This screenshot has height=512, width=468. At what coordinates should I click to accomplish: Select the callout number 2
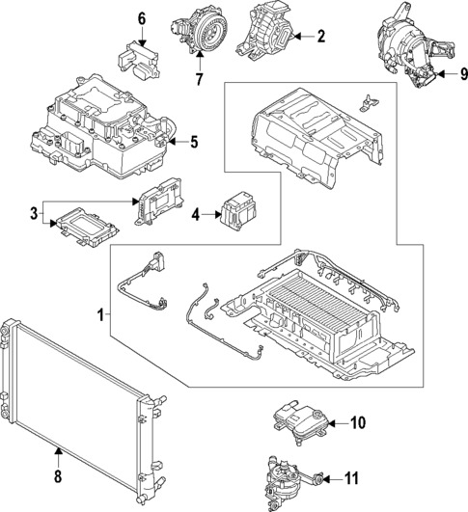tap(321, 37)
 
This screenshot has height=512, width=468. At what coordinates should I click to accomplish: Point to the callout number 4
tap(197, 215)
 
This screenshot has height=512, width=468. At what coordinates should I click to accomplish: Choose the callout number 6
tap(141, 18)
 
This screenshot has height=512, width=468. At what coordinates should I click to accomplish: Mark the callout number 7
tap(200, 78)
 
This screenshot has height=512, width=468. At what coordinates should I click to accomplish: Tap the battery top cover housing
tap(309, 130)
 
